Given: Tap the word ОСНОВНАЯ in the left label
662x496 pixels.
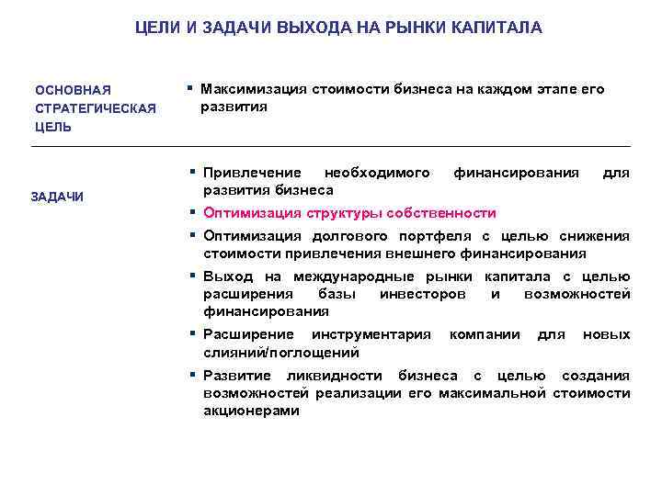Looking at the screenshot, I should (73, 90).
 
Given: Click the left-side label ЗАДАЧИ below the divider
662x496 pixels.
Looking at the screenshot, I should (57, 197).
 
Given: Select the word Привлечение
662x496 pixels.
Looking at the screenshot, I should (252, 172).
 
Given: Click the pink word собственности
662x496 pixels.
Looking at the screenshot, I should (444, 212).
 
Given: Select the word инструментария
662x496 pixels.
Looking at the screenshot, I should (371, 334).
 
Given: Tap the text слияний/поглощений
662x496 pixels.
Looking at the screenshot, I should (281, 353).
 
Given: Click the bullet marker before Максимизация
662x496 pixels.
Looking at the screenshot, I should (188, 88).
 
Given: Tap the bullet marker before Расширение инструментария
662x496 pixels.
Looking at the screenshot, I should (193, 333).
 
